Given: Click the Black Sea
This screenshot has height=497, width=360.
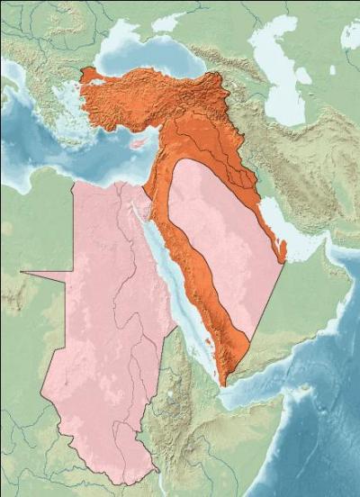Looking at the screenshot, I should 153,54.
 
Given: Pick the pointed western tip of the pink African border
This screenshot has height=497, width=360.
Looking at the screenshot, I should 21,269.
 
